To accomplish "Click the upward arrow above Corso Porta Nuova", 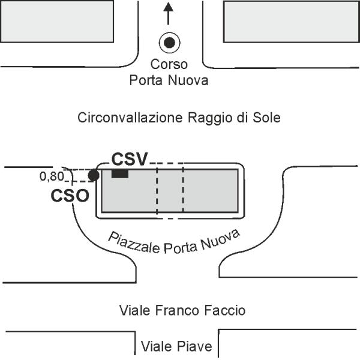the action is point(168,13).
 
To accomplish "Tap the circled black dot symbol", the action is point(169,43).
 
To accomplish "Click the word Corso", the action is point(169,64).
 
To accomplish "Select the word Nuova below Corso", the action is point(188,80).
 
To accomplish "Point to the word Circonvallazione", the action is point(130,118).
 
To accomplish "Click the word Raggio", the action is point(218,118).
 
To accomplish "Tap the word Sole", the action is point(266,118).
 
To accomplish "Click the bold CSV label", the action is point(130,159).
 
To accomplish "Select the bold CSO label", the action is point(70,196).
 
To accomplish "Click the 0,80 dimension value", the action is point(52,176).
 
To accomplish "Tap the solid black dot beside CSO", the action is point(94,176).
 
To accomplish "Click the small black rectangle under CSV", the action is point(120,174).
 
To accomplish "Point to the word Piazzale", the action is point(134,242).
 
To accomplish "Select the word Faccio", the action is point(225,311).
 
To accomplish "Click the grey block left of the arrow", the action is point(57,22).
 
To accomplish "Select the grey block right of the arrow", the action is point(292,22).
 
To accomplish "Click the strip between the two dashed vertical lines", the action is point(170,191).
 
